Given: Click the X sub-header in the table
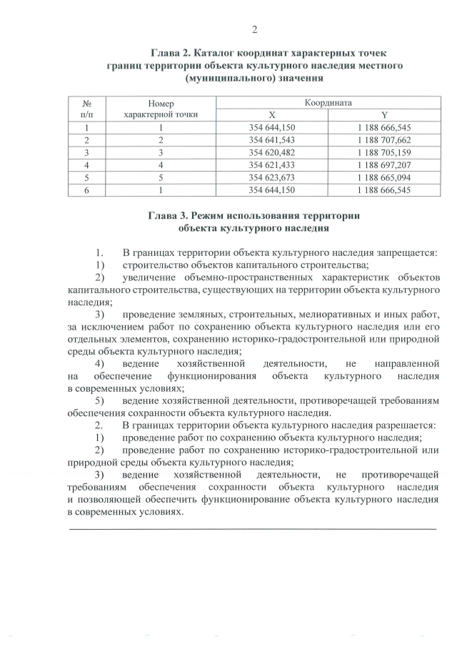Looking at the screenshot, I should pos(271,115).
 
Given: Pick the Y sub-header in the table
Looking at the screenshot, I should pos(384,115).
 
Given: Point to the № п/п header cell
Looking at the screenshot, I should pos(86,109).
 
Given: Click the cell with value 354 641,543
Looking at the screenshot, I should pos(271,139).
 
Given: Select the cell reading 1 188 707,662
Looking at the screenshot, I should pos(384,139).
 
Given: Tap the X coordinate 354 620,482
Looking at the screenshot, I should pos(271,152).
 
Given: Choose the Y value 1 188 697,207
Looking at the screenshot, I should pos(384,164).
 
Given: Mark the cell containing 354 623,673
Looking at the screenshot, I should pos(271,177).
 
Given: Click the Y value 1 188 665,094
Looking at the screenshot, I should pos(384,177).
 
